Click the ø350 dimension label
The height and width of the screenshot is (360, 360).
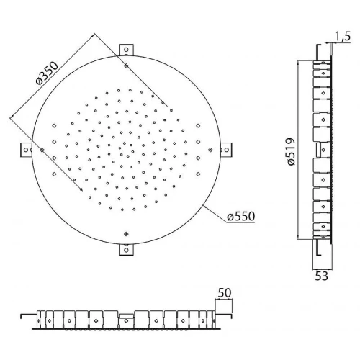47,73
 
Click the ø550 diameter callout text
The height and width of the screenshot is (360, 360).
241,216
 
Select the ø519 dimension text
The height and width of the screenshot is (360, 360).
291,152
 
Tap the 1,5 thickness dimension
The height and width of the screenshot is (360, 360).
343,36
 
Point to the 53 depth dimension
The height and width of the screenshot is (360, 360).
321,276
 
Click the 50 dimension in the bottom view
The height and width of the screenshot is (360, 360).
225,292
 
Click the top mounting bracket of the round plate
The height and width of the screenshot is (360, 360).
126,50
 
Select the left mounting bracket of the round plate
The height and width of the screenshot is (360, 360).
26,150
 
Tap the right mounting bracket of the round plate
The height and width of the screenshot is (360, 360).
226,150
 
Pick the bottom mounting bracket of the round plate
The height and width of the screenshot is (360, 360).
126,250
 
